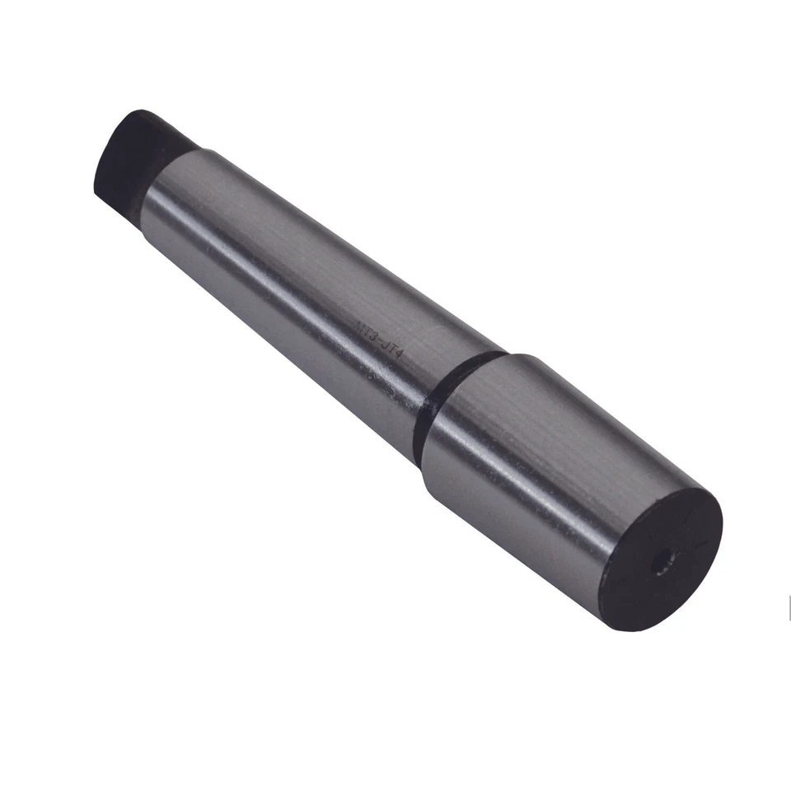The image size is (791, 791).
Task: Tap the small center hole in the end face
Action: tap(658, 564)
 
